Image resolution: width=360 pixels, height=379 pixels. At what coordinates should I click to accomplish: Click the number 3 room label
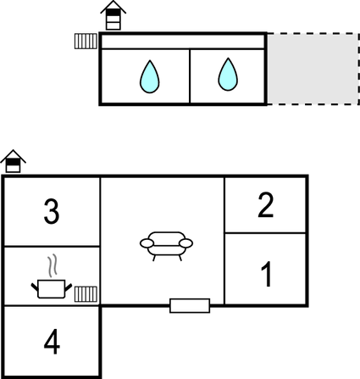52,211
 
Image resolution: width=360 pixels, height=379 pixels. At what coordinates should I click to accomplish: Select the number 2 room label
266,205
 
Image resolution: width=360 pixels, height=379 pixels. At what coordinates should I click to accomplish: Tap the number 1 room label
267,274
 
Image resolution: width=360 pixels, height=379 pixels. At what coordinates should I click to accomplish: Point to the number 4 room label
52,342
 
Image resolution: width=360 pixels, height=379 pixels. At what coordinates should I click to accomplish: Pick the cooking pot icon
52,289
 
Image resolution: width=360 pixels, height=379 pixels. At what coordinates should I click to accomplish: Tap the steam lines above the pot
53,265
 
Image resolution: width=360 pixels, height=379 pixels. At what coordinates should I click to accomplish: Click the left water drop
150,76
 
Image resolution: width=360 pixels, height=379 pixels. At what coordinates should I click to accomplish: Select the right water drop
228,75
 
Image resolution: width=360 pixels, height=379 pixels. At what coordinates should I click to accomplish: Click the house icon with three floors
114,15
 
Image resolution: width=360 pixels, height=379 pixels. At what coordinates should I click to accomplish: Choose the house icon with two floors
13,161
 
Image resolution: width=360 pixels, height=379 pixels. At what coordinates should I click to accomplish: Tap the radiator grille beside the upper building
86,42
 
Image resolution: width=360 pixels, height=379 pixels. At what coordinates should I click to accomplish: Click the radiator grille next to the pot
86,294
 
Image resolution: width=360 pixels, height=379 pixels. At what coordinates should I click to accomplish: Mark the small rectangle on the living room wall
190,305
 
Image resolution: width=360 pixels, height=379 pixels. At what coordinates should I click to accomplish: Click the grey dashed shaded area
313,69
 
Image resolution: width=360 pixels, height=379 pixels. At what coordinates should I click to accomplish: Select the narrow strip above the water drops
183,42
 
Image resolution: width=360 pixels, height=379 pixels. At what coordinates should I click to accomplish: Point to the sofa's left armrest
147,243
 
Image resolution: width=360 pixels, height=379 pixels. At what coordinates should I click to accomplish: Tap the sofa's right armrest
186,243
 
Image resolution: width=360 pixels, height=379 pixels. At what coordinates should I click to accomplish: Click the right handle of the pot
69,287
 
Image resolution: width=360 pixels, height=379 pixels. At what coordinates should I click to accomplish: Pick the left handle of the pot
35,287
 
